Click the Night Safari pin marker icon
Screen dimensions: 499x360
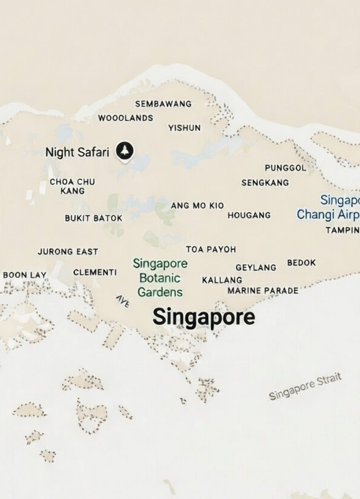pos(125,151)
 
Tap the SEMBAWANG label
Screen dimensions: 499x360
pos(163,104)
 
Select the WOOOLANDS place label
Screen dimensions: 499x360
pos(125,118)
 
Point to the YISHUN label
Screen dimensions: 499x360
pos(184,128)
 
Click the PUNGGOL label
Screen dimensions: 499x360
pos(285,168)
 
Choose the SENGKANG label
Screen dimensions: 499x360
pos(265,183)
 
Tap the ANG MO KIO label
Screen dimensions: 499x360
pos(197,206)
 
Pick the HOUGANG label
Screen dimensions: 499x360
pos(249,215)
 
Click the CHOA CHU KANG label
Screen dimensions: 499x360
pos(72,186)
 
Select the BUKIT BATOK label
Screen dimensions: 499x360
pos(93,218)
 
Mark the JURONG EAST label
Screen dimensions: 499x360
pos(68,252)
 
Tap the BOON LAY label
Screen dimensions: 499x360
pos(25,275)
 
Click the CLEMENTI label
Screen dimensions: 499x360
pos(95,272)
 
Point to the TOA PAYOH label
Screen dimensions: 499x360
pos(210,249)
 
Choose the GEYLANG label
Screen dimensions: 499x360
pos(255,268)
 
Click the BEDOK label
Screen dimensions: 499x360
pos(301,263)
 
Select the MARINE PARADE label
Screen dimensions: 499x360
pos(262,291)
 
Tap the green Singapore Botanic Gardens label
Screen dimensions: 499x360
pos(160,278)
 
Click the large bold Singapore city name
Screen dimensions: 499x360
pos(203,317)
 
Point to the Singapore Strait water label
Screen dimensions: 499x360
pos(305,387)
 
